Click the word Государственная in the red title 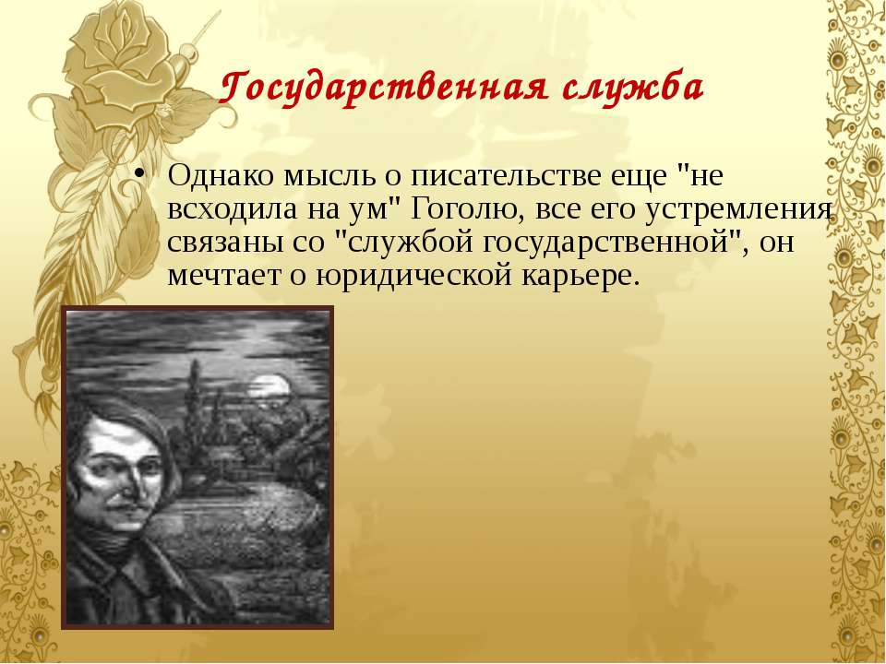point(383,89)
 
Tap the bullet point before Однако point(139,173)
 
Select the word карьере point(581,276)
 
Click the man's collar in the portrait point(130,570)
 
